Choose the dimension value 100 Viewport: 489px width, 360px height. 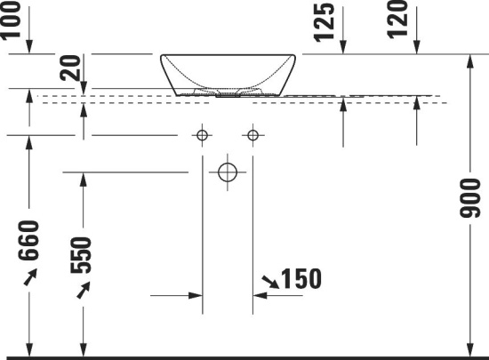(12, 20)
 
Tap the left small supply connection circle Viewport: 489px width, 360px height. (203, 136)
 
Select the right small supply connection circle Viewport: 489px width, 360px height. (253, 136)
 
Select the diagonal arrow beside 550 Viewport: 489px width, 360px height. (83, 291)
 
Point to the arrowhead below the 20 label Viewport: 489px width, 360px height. (84, 85)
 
